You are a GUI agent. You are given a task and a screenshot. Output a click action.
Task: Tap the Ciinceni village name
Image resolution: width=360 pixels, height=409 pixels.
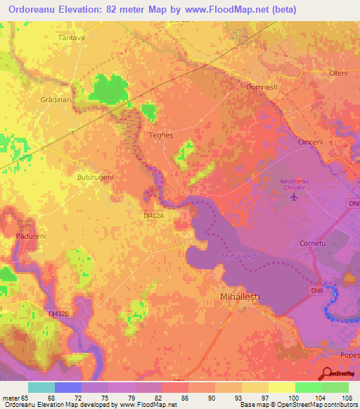[310, 142]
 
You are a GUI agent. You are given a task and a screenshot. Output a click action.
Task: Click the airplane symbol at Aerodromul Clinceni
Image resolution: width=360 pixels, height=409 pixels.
[294, 196]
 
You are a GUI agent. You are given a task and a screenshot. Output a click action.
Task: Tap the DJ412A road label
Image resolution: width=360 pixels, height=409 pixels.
[153, 217]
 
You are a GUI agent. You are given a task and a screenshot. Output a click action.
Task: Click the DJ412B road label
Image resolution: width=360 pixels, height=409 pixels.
[60, 313]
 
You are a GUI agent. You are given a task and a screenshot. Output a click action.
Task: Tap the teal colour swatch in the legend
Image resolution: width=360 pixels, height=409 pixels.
[41, 387]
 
